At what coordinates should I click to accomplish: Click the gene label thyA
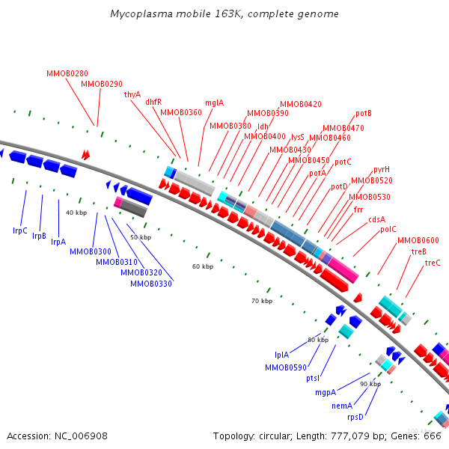pos(132,94)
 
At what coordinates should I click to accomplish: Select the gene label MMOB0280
pos(67,73)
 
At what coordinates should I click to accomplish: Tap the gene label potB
pos(364,113)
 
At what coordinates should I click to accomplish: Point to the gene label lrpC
pos(20,230)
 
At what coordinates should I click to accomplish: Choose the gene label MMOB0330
pos(151,284)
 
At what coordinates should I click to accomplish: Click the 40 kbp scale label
pos(76,213)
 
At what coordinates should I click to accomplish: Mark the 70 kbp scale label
pos(262,301)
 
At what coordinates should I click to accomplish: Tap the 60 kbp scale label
pos(202,266)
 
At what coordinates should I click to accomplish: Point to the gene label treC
pos(433,263)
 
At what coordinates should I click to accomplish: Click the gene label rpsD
pos(355,417)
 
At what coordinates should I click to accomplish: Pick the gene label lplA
pos(281,355)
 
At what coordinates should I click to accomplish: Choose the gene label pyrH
pos(382,169)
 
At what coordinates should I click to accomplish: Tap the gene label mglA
pos(214,103)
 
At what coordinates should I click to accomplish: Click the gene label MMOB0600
pos(418,240)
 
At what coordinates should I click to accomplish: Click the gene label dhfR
pos(153,102)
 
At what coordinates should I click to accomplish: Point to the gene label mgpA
pos(325,392)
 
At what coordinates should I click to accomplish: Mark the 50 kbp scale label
pos(141,237)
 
